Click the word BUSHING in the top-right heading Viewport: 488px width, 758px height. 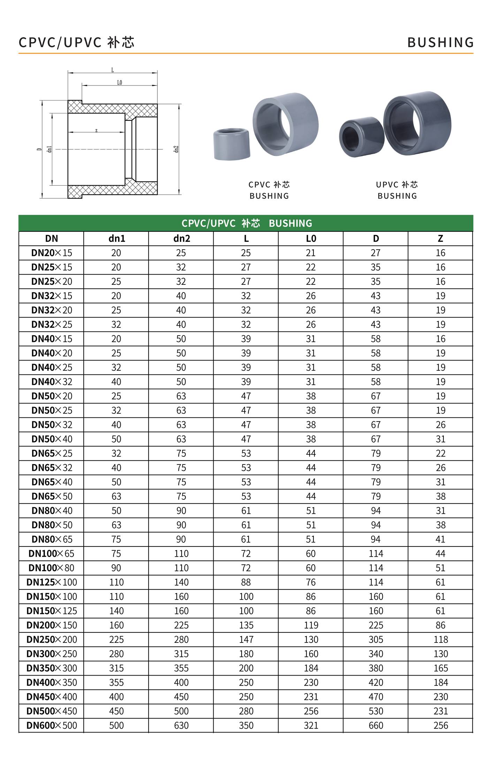click(x=440, y=43)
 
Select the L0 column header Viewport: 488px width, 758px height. click(x=311, y=238)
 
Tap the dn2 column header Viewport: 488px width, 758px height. click(x=181, y=238)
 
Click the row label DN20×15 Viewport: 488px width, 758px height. click(x=52, y=253)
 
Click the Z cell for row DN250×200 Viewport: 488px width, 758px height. click(x=440, y=639)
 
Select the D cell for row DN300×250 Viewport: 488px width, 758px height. click(x=375, y=654)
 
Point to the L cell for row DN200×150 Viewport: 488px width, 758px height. click(x=246, y=625)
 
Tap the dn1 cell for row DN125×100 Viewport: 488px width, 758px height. click(x=116, y=582)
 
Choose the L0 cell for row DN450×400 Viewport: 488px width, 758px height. click(x=311, y=697)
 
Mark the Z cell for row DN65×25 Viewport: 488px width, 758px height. click(x=440, y=453)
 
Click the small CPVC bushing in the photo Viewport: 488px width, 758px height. click(x=231, y=144)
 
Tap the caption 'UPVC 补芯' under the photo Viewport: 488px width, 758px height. click(x=397, y=185)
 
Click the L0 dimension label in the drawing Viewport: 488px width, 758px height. click(x=120, y=83)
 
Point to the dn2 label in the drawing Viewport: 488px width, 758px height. click(x=176, y=149)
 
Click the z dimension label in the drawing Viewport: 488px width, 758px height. click(x=96, y=131)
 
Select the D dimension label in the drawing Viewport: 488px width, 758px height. click(x=39, y=149)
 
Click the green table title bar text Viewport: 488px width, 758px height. click(x=246, y=223)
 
